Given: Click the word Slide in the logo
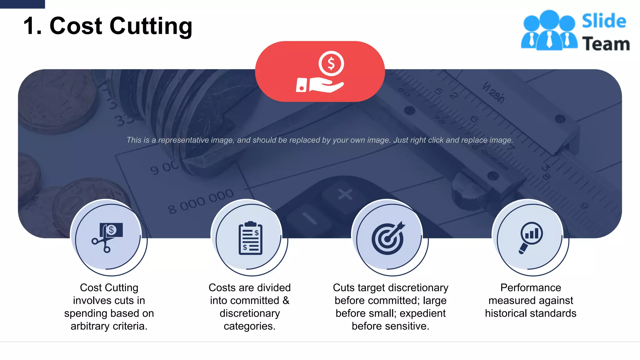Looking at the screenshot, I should (604, 21).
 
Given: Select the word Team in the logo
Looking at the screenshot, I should (606, 44).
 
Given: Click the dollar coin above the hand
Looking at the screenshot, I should (331, 63).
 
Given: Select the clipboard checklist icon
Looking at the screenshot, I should (250, 238).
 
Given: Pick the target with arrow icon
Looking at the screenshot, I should (388, 238).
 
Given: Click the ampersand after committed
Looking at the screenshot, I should (286, 301).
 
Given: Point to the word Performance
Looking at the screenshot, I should (531, 287).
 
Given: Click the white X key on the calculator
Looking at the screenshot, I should (345, 194).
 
